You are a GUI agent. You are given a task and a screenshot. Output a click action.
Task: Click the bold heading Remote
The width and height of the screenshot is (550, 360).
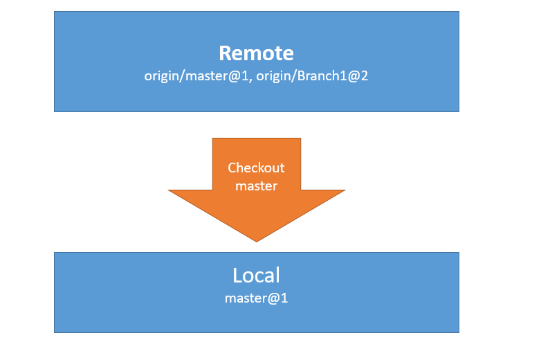(256, 53)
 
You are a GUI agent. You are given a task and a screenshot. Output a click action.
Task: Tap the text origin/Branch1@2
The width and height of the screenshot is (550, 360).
(312, 75)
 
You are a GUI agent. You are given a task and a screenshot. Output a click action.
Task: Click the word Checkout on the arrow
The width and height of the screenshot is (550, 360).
(256, 168)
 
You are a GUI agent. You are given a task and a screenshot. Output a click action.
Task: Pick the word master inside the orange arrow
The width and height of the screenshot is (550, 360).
(256, 186)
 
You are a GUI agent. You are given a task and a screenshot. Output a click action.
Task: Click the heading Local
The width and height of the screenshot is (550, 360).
(256, 275)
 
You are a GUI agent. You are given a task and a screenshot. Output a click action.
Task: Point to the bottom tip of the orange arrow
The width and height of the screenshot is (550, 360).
(257, 242)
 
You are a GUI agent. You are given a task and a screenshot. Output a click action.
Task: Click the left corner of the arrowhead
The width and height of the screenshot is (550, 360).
(169, 190)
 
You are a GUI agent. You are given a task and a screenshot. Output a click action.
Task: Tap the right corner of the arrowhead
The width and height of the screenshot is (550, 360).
(345, 190)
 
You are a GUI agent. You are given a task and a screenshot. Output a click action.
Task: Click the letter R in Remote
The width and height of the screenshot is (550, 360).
(225, 53)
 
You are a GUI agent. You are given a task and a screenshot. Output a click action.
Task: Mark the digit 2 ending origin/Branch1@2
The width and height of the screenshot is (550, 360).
(365, 75)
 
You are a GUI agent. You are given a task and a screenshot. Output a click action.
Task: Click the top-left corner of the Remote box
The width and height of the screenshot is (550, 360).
(55, 12)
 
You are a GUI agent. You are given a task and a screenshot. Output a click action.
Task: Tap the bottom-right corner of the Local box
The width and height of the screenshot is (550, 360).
(459, 332)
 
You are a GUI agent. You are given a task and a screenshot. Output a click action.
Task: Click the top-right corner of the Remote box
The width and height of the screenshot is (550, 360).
(459, 12)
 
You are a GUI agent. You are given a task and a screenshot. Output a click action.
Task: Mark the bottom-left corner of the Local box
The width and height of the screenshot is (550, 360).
(55, 332)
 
